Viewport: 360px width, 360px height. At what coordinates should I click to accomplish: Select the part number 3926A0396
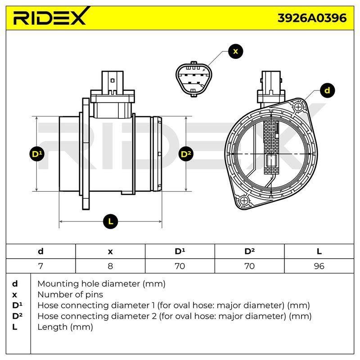tap(312, 18)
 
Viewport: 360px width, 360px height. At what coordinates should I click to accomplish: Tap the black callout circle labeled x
tap(235, 51)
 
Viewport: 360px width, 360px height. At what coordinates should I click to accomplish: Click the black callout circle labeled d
tap(327, 90)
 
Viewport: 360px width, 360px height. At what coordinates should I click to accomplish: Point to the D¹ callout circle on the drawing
tap(37, 154)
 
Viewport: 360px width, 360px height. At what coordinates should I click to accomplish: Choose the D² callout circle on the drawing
tap(186, 154)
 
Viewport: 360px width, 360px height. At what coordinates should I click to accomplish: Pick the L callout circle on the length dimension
tap(110, 221)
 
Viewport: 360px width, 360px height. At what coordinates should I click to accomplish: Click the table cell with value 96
tap(319, 266)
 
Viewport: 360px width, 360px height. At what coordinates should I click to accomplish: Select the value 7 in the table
tap(40, 266)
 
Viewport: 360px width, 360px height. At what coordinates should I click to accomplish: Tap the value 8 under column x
tap(110, 266)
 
